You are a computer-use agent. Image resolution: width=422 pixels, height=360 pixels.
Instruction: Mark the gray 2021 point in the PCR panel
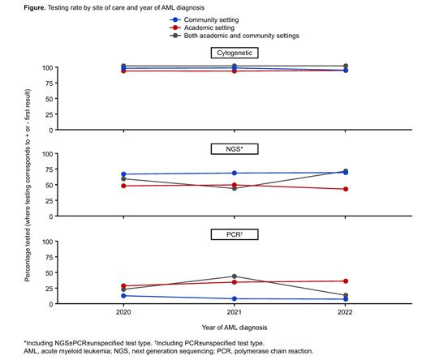click(x=234, y=276)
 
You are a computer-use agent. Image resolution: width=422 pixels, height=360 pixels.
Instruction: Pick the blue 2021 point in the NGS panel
click(x=234, y=173)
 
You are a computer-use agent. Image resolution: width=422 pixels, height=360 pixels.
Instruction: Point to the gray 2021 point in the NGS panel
click(x=234, y=188)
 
